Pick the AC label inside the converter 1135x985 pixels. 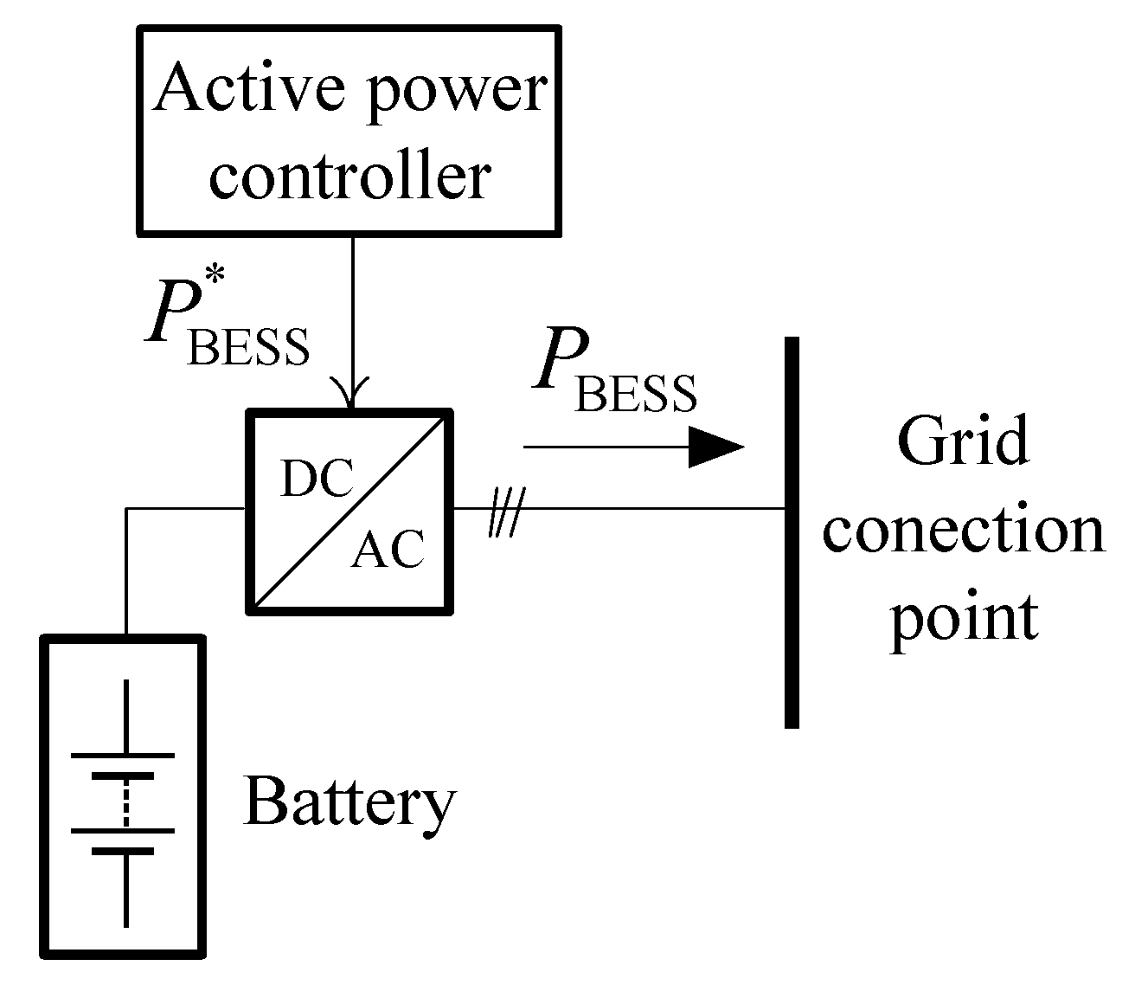[388, 548]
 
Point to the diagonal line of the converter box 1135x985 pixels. [350, 512]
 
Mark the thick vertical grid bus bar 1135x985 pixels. [791, 532]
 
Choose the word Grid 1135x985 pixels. [962, 441]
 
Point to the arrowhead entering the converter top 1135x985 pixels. [351, 393]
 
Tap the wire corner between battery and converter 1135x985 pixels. [127, 509]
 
